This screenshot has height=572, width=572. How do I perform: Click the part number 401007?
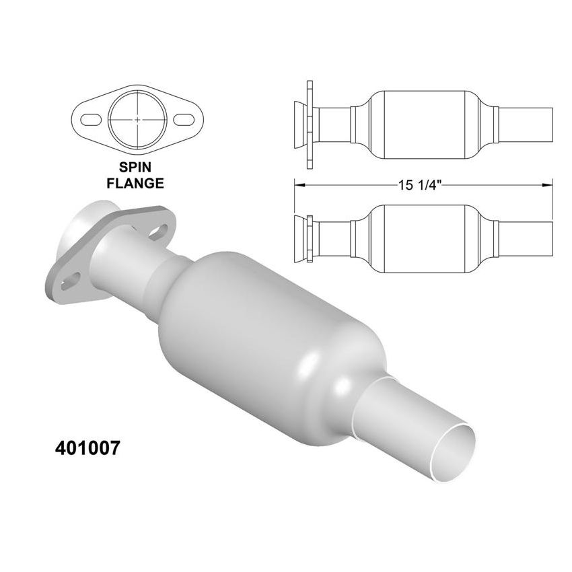[x=86, y=449]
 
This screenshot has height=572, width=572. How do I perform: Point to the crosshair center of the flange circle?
[x=137, y=119]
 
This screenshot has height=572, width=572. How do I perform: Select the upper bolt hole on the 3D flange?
[x=159, y=231]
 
